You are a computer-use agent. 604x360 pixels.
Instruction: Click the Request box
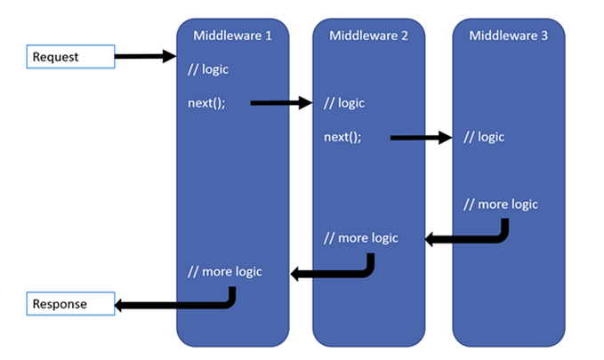(69, 57)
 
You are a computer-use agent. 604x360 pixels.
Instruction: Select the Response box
(69, 304)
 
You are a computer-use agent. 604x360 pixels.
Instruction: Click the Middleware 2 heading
(368, 36)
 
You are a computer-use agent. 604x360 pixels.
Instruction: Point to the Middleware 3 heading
(509, 36)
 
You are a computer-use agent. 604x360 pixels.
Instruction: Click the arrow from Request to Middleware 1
(145, 57)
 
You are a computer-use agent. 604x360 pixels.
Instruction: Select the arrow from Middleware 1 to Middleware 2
(281, 103)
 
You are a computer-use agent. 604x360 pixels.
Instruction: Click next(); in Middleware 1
(206, 102)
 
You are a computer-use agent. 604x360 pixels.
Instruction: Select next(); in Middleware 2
(342, 137)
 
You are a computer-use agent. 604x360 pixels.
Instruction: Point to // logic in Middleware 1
(209, 69)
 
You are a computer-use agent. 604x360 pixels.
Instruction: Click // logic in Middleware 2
(345, 103)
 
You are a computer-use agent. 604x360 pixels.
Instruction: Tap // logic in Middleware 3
(484, 137)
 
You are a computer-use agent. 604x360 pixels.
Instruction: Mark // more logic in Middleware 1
(225, 271)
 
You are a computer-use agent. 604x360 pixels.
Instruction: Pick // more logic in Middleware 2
(361, 237)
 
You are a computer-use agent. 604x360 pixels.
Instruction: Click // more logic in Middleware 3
(501, 204)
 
